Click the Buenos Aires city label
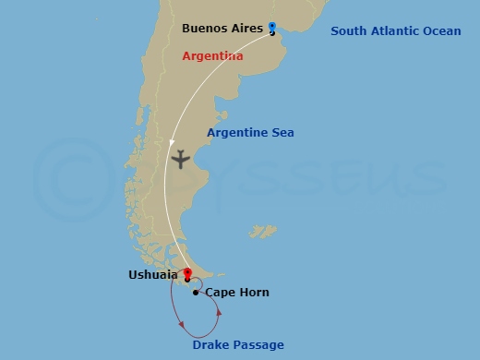(x=222, y=29)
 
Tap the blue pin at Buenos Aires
(x=271, y=28)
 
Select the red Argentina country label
(x=212, y=56)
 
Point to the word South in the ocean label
(x=349, y=31)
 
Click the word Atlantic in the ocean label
(x=395, y=31)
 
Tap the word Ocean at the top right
(x=442, y=31)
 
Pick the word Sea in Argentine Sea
(x=282, y=133)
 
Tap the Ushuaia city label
(x=153, y=274)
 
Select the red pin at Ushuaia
(x=187, y=274)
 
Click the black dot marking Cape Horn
(x=196, y=293)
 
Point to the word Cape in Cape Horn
(x=219, y=293)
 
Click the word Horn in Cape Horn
(x=253, y=293)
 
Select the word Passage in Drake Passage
(x=258, y=345)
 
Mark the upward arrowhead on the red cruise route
(x=219, y=314)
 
